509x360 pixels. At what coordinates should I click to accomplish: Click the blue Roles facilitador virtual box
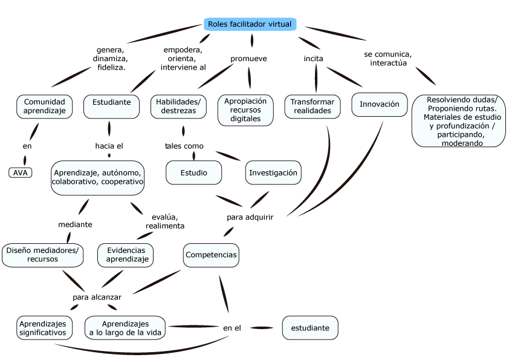(x=250, y=24)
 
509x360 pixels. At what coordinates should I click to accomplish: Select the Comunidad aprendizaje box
(x=45, y=106)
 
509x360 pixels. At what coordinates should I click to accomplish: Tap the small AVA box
(x=20, y=172)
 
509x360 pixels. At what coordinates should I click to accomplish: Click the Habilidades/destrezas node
(x=178, y=106)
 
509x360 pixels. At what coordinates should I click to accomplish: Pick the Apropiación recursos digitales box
(x=245, y=110)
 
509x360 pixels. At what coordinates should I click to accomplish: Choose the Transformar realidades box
(x=313, y=106)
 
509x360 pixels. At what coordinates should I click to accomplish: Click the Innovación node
(x=380, y=104)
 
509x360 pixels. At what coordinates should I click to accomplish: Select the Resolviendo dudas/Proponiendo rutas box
(x=459, y=121)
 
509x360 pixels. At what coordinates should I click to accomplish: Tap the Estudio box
(x=194, y=172)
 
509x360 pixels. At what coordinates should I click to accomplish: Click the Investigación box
(x=273, y=172)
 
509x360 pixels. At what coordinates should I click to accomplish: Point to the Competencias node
(x=211, y=255)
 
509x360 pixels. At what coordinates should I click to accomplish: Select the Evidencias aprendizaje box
(x=125, y=255)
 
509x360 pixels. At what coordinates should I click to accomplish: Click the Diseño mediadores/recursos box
(x=42, y=255)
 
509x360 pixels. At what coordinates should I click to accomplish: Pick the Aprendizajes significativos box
(x=45, y=328)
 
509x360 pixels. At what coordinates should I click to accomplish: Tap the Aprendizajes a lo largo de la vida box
(x=125, y=328)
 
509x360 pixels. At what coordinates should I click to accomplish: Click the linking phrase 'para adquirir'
(x=250, y=217)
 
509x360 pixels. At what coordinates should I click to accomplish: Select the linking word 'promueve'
(x=248, y=59)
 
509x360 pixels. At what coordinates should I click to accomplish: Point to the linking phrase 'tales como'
(x=184, y=146)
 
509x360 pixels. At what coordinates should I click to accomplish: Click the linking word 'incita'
(x=313, y=59)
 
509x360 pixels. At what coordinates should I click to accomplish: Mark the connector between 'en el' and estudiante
(x=262, y=328)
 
